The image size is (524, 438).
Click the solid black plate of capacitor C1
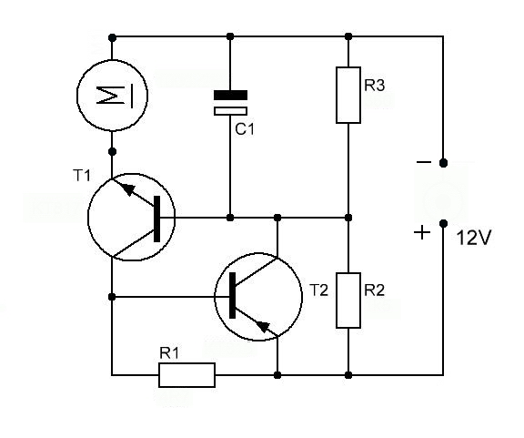pyautogui.click(x=230, y=95)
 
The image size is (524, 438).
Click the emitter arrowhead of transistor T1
pyautogui.click(x=129, y=189)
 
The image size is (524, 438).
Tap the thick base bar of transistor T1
pyautogui.click(x=156, y=219)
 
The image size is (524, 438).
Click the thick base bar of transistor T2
pyautogui.click(x=232, y=295)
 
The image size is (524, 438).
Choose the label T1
pyautogui.click(x=82, y=175)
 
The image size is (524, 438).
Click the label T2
pyautogui.click(x=319, y=290)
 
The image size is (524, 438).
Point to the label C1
pyautogui.click(x=245, y=129)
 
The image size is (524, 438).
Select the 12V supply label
pyautogui.click(x=474, y=239)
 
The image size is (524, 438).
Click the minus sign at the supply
pyautogui.click(x=424, y=162)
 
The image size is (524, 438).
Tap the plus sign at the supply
pyautogui.click(x=422, y=232)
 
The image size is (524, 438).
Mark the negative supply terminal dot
pyautogui.click(x=443, y=163)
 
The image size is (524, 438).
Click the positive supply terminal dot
pyautogui.click(x=443, y=223)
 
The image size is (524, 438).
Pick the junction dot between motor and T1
pyautogui.click(x=113, y=151)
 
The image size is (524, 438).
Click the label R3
pyautogui.click(x=374, y=85)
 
